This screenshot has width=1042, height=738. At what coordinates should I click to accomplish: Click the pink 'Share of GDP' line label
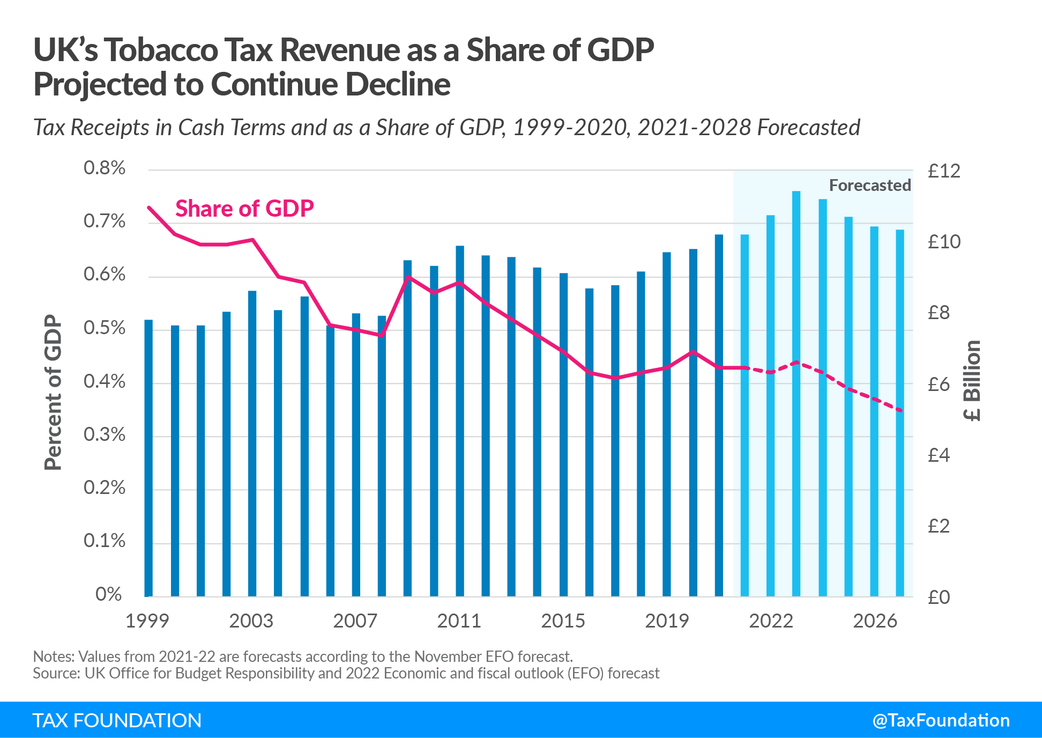pos(244,209)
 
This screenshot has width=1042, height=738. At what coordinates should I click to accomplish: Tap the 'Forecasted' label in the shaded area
pos(869,186)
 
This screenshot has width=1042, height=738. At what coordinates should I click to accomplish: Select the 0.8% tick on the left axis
pos(105,168)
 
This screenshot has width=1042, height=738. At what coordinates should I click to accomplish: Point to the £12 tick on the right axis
pos(944,172)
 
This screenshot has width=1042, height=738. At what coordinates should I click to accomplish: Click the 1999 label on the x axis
pos(147,621)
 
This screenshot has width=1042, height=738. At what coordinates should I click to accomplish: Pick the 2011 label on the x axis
pos(459,621)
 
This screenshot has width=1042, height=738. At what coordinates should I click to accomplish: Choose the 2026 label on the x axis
pos(875,621)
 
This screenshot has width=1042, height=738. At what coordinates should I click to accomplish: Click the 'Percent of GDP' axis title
pos(54,393)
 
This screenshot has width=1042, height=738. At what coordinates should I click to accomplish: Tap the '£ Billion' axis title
pos(972,381)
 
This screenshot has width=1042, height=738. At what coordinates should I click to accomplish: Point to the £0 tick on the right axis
pos(939,597)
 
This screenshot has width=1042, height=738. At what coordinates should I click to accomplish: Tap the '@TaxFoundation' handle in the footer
pos(941,720)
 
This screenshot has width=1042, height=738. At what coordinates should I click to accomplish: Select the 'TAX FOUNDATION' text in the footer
pos(117,720)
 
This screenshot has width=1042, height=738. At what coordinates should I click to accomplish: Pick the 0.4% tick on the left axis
pos(105,382)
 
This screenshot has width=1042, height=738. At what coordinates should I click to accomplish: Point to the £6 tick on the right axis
pos(939,385)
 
